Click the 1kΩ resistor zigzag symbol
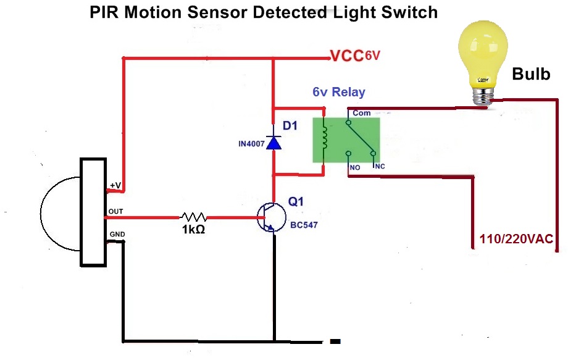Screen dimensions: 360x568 point(193,217)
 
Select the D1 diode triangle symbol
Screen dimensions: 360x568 point(274,142)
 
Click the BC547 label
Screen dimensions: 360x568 point(304,225)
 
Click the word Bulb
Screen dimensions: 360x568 point(531,75)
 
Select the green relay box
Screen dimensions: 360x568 point(346,140)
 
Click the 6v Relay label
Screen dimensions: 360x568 point(338,93)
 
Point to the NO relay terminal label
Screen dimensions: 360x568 point(355,168)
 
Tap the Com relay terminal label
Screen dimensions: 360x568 point(361,113)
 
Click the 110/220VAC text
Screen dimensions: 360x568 point(516,239)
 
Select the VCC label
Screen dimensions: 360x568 point(346,56)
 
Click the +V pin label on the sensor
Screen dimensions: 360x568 point(115,185)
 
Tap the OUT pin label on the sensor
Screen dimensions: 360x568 point(115,211)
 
